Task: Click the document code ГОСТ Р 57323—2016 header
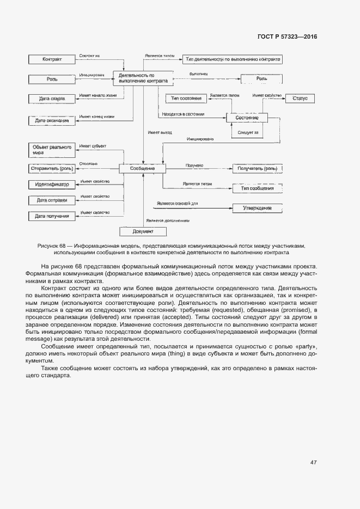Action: (286, 37)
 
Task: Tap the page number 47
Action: (314, 462)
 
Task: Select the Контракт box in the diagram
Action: (52, 59)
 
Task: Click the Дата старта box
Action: (52, 99)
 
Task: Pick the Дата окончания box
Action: (52, 120)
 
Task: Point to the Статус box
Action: (300, 99)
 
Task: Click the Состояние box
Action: (247, 118)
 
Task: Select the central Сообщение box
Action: (143, 169)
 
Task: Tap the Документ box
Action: (143, 232)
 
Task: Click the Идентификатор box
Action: (52, 185)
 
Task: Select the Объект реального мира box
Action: (52, 150)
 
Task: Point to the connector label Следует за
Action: (248, 132)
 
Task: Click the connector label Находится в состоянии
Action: (183, 114)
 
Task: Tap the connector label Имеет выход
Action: (160, 132)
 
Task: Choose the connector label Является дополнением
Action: (168, 220)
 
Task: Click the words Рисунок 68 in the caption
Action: (54, 246)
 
